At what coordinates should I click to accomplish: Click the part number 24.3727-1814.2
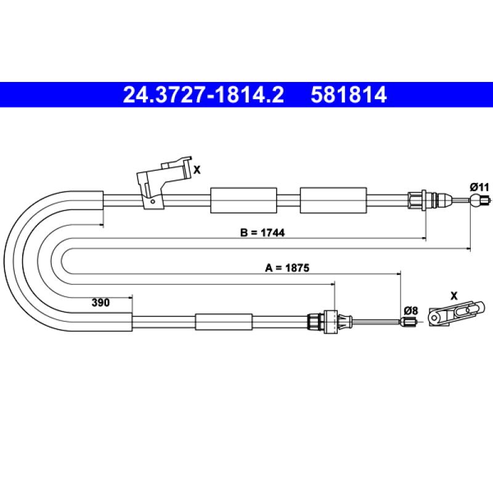[x=203, y=95]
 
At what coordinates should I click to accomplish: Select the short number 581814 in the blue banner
[x=349, y=95]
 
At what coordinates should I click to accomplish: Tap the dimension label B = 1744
[x=263, y=233]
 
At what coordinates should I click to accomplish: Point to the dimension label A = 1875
[x=287, y=268]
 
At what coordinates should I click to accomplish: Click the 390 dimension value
[x=100, y=303]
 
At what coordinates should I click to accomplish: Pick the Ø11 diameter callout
[x=479, y=187]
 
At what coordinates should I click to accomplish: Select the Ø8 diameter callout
[x=411, y=311]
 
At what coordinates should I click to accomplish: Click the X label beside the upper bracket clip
[x=197, y=170]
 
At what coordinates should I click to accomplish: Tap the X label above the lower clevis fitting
[x=454, y=296]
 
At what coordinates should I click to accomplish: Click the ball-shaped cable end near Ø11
[x=475, y=200]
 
